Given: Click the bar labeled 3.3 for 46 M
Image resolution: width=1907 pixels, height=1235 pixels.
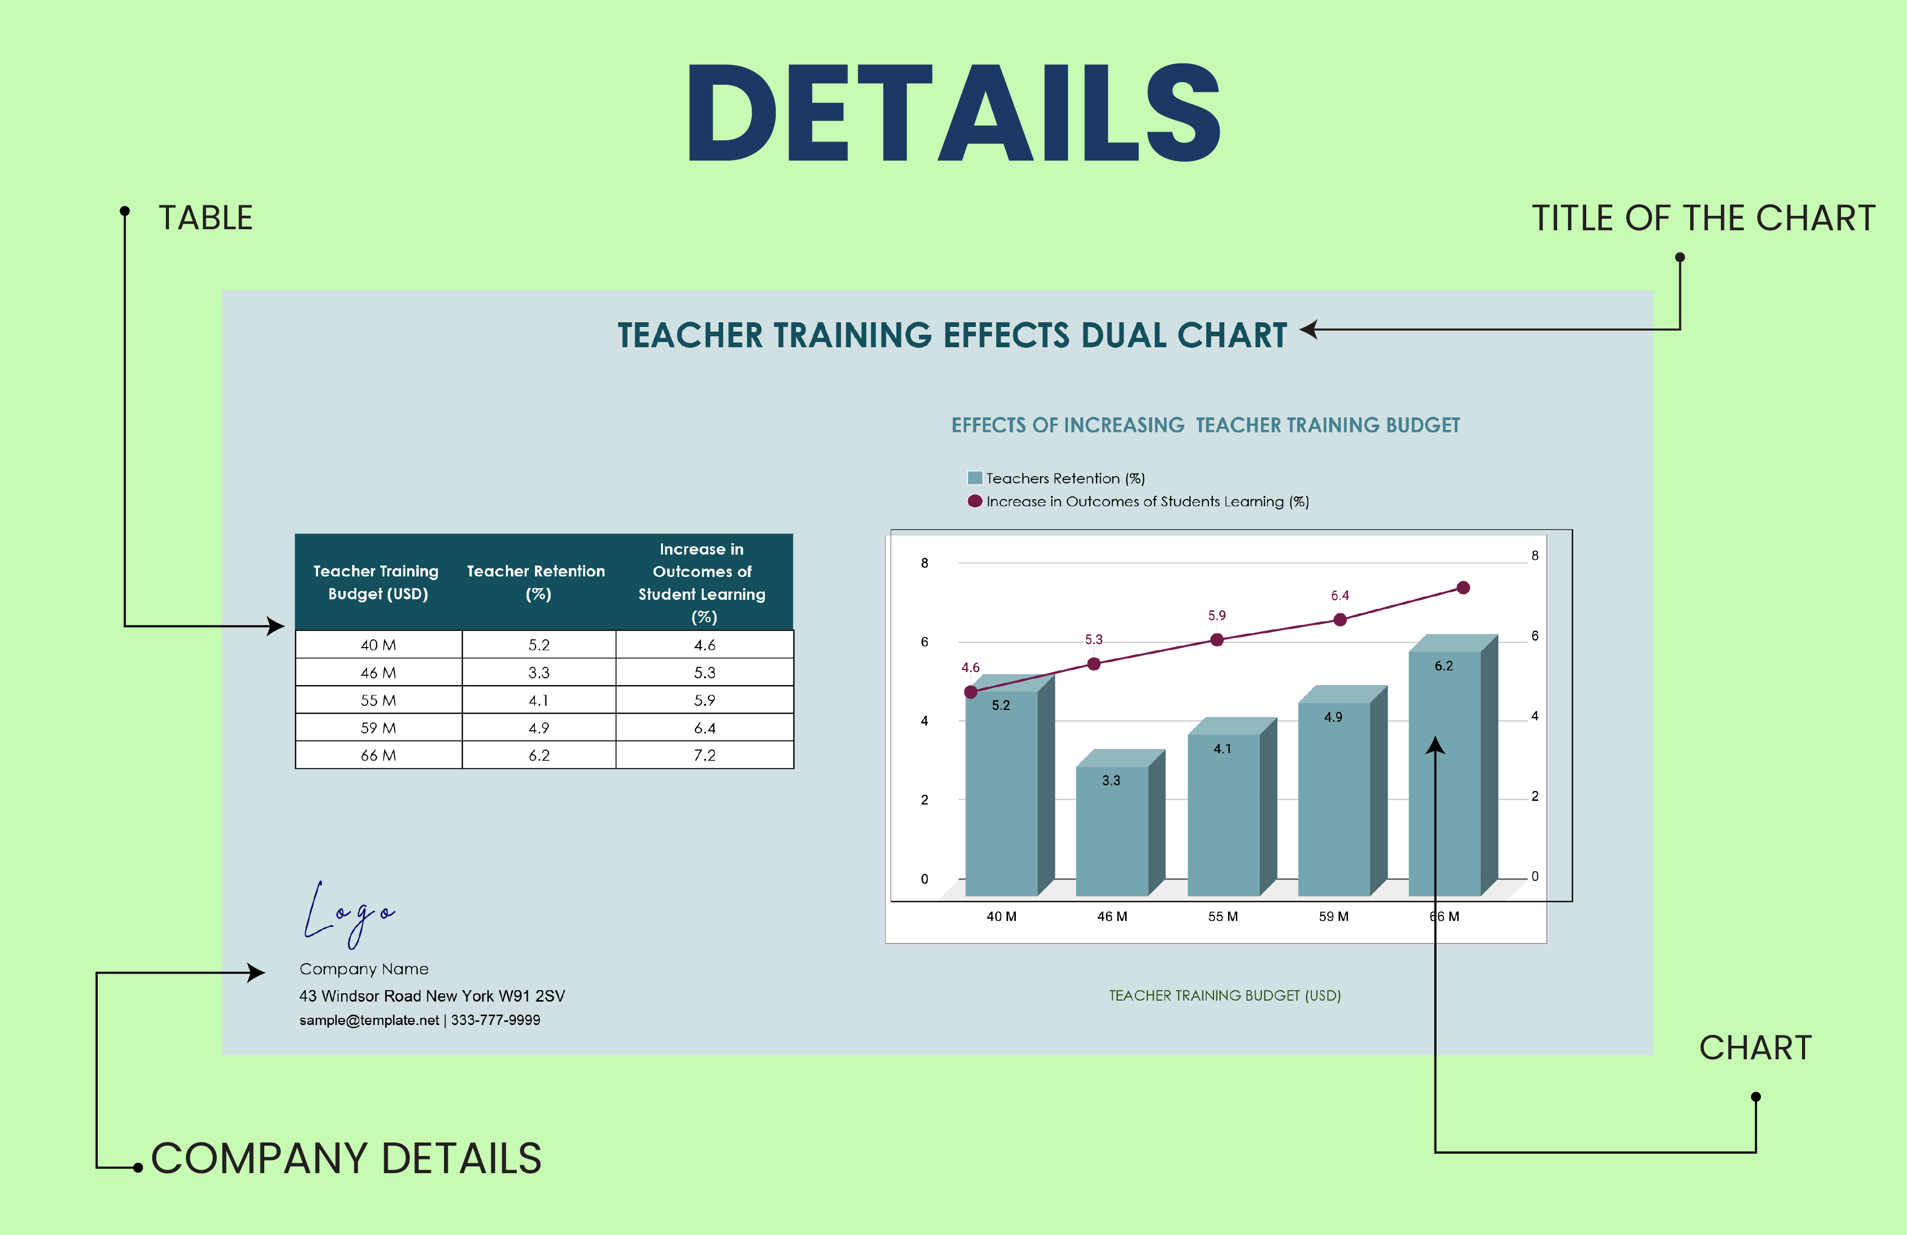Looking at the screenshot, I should pos(1112,833).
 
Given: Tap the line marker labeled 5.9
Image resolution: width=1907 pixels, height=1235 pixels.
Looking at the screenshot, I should pos(1217,639).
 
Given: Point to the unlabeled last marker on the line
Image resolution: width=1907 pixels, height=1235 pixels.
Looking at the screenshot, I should pos(1463,588).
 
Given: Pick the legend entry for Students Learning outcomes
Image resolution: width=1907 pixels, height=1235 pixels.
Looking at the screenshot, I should pos(1138,502).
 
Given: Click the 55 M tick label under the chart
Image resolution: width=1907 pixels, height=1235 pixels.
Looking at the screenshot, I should pos(1223,916).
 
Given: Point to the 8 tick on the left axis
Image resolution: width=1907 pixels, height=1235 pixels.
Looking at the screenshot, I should pos(925,563).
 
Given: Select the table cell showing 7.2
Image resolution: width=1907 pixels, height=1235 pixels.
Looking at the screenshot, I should pos(704,755).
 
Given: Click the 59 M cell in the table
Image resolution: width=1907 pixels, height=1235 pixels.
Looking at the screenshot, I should pos(378,728).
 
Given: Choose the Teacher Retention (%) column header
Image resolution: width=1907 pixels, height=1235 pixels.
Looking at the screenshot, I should pos(536,582).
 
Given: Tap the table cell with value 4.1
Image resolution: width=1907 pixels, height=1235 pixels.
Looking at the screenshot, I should pos(539,700).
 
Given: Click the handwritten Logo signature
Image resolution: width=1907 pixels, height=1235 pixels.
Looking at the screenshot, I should pos(348,913).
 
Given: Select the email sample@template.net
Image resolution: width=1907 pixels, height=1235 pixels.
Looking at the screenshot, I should pos(369,1020).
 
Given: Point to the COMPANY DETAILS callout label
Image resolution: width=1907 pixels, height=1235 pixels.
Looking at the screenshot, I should pos(346,1158).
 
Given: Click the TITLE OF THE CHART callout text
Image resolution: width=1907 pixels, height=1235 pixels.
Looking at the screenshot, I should pos(1704,218).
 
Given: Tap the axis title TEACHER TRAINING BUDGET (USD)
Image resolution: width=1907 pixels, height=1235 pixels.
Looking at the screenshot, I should pos(1224,995).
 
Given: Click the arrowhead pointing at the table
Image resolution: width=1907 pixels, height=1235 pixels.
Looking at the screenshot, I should pos(276,626).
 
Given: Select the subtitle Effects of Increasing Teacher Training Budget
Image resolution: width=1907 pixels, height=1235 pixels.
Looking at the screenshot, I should pos(1205,425).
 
